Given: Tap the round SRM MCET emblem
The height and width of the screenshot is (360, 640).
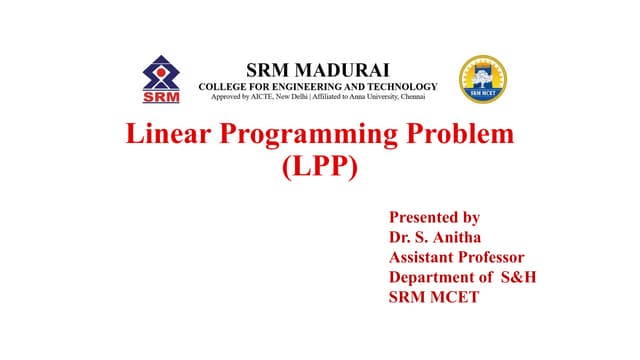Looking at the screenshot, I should (482, 80).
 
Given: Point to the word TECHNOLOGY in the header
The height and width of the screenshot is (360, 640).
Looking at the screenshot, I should (397, 86).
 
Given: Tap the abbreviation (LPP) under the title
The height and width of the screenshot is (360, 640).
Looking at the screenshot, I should (320, 166).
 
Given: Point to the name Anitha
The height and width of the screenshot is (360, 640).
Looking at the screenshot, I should (453, 237).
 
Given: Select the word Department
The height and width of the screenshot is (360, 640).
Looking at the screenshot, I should (433, 278).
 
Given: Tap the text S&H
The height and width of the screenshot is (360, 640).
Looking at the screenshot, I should (518, 277).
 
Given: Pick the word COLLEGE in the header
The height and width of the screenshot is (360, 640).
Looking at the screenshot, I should (224, 86).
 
